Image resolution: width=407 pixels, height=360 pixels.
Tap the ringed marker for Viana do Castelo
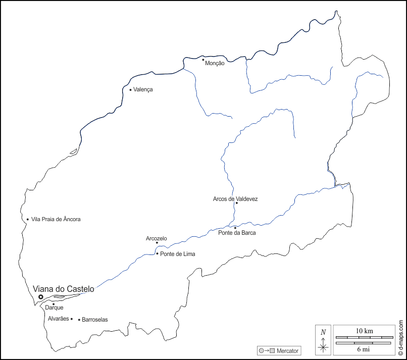pos(41,296)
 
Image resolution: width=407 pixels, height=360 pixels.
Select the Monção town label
pos(215,64)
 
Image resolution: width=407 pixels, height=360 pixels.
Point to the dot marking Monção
pos(204,60)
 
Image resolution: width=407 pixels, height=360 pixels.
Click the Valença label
pos(143,89)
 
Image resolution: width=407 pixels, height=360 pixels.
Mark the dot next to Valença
pos(130,90)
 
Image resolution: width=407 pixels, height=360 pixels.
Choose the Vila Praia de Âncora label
pos(56,219)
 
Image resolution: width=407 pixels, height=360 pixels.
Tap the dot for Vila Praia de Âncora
pos(28,219)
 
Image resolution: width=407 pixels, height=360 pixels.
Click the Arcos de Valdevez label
pos(235,199)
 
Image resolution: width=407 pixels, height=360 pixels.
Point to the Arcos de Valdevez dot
pos(236,203)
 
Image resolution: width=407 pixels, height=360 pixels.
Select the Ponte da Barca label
pos(237,233)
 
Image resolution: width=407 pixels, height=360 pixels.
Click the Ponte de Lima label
pos(177,254)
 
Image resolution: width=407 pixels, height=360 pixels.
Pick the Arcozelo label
pos(157,238)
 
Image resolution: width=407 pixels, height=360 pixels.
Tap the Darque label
pos(54,307)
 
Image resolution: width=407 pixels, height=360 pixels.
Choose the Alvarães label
pos(58,319)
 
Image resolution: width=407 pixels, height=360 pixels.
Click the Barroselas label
pos(95,320)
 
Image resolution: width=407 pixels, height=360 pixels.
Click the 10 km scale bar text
pos(365,331)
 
